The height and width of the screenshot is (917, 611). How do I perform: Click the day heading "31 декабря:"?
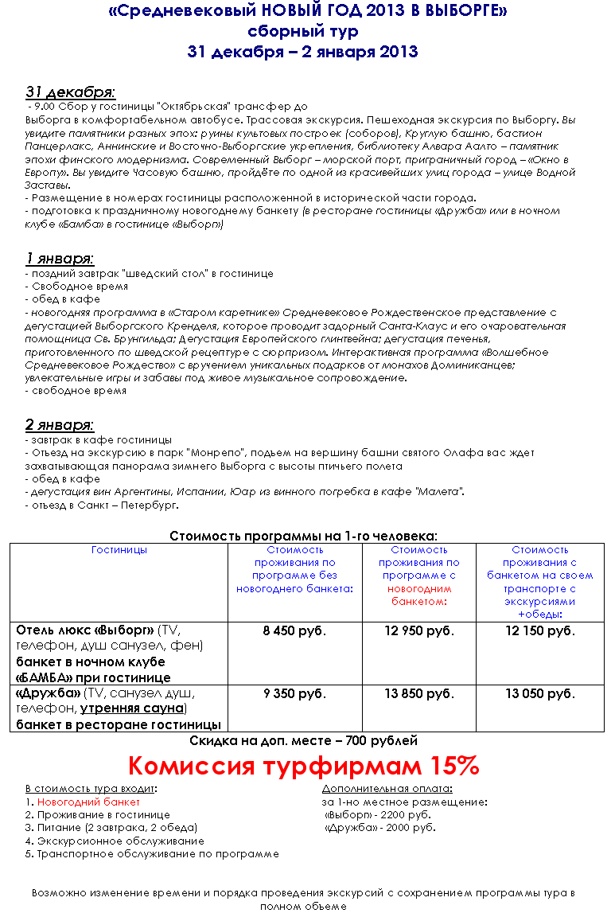pos(70,92)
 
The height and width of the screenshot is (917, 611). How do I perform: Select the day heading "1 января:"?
pos(60,259)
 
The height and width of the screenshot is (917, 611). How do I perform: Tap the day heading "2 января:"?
pos(60,424)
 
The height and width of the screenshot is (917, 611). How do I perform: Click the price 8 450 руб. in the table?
pos(294,631)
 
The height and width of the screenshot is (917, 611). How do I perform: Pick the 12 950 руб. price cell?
pos(418,631)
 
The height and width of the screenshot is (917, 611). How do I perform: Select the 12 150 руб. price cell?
pos(539,631)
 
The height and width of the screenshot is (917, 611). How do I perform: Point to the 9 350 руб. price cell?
pos(294,694)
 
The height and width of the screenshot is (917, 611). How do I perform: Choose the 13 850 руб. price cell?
pos(418,694)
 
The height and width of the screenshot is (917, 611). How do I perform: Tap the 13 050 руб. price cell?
pos(539,694)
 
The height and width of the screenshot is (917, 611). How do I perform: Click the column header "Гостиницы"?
pos(119,550)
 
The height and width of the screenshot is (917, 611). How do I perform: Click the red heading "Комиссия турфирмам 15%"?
pos(304,766)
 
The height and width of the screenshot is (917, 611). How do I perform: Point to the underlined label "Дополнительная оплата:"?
pos(387,789)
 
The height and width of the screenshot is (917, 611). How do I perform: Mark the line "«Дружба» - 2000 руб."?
pos(380,828)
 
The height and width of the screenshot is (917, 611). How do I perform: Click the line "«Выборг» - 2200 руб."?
pos(378,815)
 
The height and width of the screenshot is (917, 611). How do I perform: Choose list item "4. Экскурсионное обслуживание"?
pos(115,841)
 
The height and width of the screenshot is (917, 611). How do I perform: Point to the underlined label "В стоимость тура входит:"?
pos(91,789)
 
